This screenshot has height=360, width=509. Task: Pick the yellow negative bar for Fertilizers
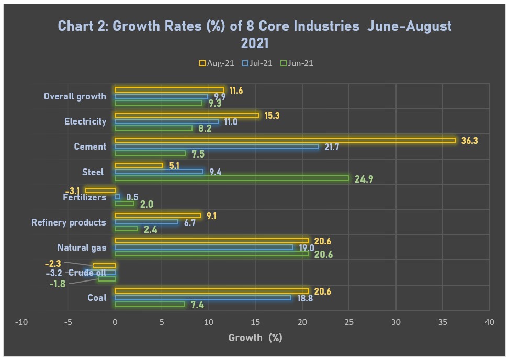(100, 190)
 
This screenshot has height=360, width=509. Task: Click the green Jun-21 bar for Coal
(150, 304)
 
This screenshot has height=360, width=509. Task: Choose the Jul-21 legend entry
(257, 63)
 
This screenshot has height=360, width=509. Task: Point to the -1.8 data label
(57, 284)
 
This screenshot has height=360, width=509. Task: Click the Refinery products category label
(69, 222)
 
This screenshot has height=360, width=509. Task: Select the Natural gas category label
(82, 248)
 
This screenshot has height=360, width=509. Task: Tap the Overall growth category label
(75, 96)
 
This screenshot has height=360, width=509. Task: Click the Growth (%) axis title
(255, 337)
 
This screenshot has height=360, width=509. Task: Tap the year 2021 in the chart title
(255, 42)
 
